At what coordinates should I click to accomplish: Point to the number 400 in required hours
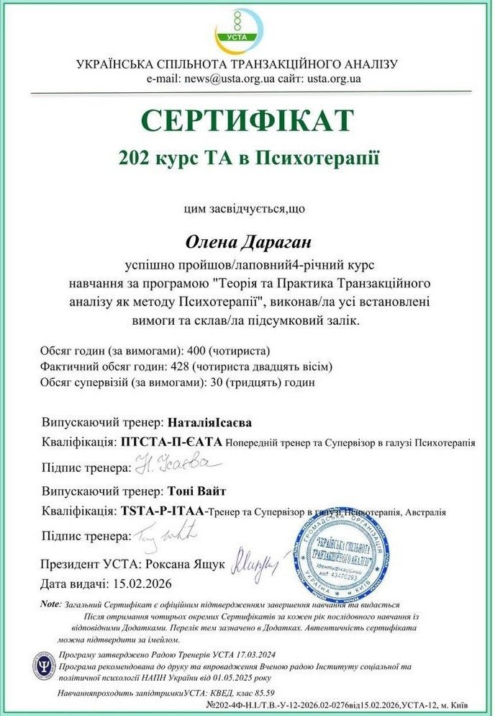(197, 352)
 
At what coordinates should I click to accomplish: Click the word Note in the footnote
(50, 604)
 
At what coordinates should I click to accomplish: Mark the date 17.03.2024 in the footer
(235, 655)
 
